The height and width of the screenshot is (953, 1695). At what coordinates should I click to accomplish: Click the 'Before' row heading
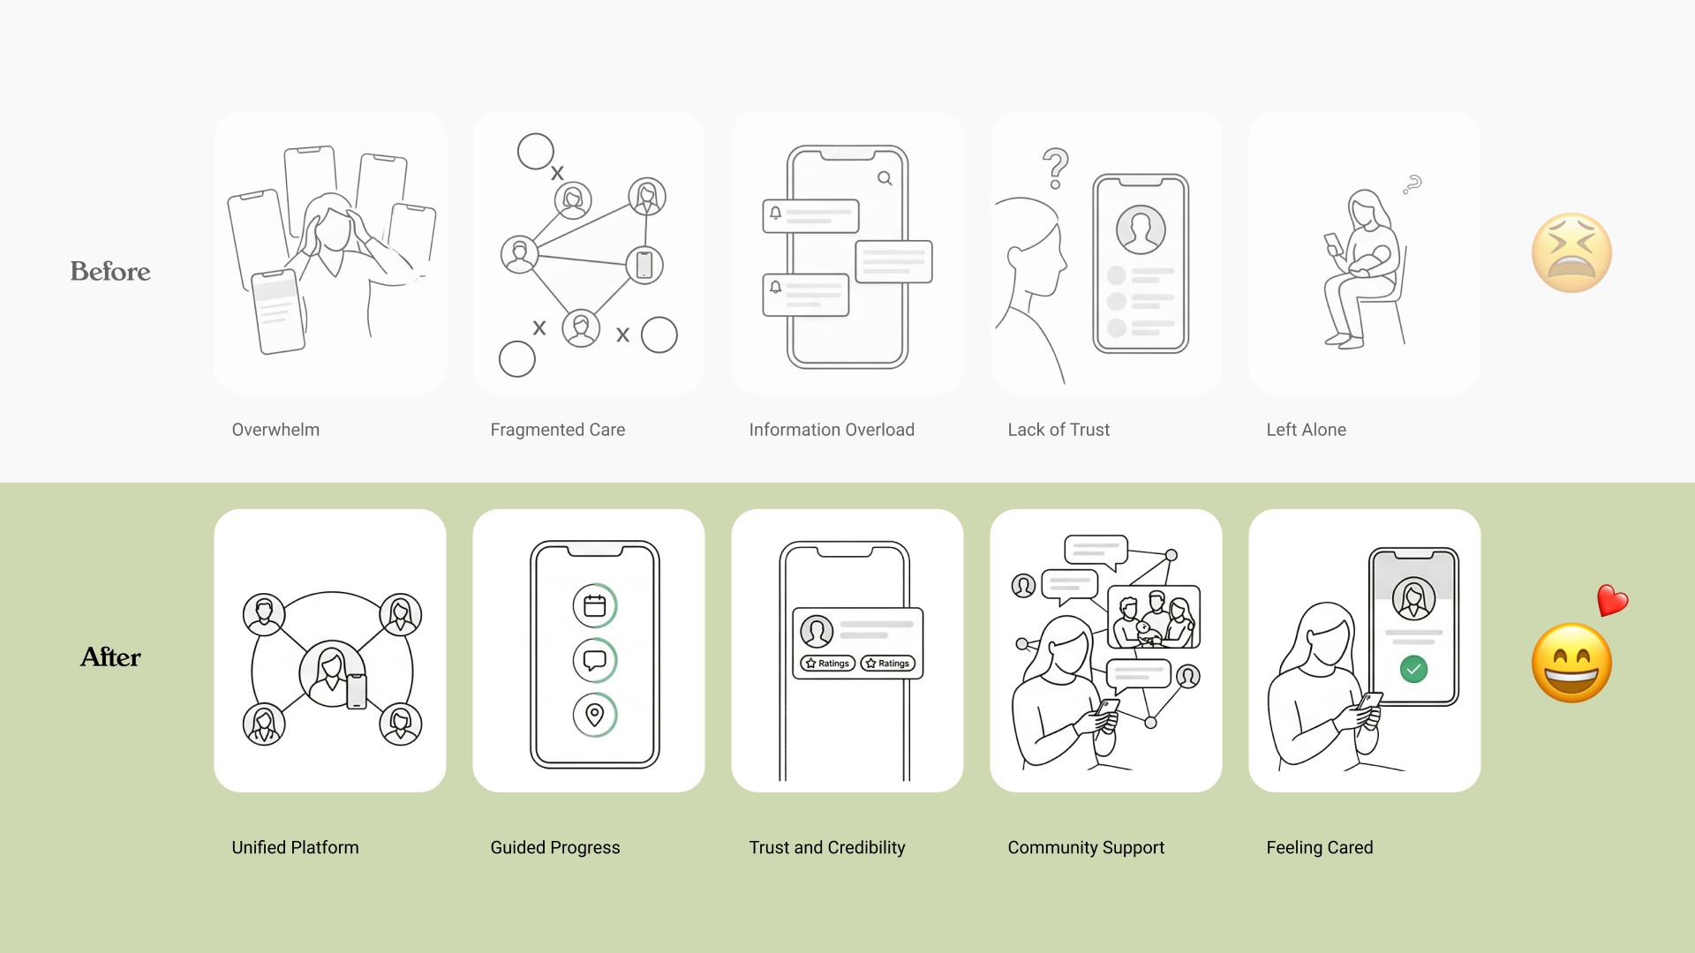tap(110, 271)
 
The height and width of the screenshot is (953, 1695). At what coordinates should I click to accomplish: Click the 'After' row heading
tap(110, 657)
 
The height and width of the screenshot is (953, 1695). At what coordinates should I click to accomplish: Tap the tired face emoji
tap(1571, 252)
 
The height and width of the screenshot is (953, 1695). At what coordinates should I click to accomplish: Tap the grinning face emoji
tap(1571, 663)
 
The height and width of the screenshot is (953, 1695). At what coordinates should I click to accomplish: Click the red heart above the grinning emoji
tap(1612, 600)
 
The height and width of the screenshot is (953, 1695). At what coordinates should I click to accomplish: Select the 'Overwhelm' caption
tap(275, 430)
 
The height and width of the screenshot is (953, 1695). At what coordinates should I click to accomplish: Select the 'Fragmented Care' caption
tap(558, 430)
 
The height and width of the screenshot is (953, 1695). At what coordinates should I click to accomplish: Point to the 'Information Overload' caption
tap(832, 430)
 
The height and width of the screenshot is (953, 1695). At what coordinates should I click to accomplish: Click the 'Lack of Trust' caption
tap(1058, 430)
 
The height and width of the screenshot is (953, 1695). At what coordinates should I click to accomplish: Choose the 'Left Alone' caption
tap(1307, 430)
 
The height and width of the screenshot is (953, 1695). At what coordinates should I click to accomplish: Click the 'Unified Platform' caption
tap(295, 847)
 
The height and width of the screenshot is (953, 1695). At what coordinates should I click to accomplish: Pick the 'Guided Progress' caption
tap(555, 847)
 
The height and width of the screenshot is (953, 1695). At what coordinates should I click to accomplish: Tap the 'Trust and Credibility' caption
tap(827, 847)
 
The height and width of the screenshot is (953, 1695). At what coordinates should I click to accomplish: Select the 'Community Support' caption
tap(1086, 847)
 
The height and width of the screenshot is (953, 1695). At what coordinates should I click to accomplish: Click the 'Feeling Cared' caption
tap(1320, 847)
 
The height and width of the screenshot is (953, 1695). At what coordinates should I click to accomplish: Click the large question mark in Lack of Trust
tap(1056, 168)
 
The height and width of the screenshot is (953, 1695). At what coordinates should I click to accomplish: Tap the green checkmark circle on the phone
tap(1413, 669)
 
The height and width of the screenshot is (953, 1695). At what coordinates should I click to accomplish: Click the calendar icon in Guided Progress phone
tap(595, 605)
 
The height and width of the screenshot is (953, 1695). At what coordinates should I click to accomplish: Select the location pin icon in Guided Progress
tap(595, 715)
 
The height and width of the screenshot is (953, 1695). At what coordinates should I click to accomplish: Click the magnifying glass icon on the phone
tap(885, 178)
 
